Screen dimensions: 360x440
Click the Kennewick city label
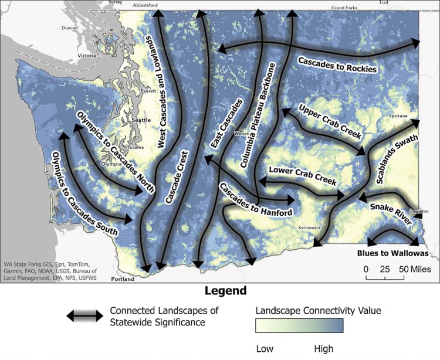[x=310, y=227]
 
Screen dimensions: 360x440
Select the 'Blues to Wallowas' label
[x=392, y=254]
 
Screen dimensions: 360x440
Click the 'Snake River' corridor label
[x=391, y=210]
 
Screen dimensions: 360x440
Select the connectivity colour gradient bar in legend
[x=299, y=327]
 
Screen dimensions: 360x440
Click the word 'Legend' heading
[x=225, y=291]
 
